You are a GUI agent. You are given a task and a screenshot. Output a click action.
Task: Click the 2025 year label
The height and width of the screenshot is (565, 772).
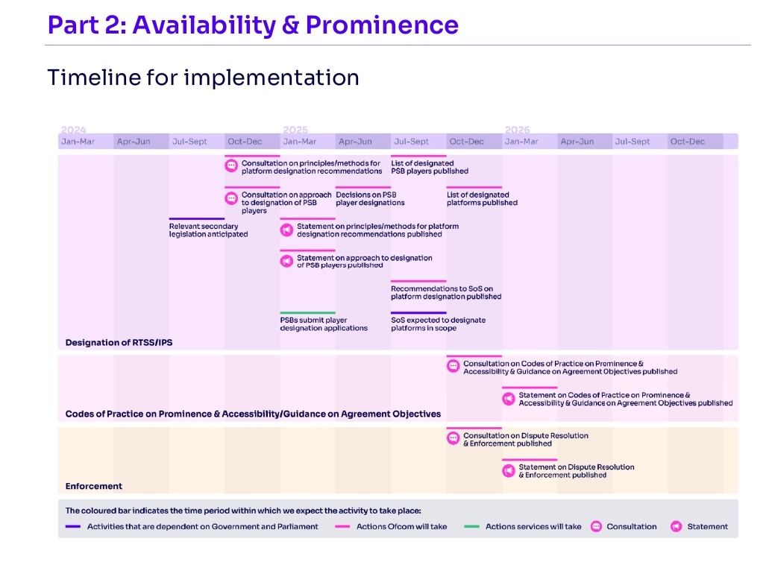click(x=295, y=130)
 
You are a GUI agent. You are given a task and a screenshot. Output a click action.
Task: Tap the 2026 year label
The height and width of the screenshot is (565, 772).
click(x=518, y=130)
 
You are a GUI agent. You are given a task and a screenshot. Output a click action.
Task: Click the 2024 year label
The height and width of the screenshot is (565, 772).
click(x=73, y=130)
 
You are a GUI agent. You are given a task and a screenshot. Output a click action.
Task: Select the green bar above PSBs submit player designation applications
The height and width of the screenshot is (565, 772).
click(x=308, y=312)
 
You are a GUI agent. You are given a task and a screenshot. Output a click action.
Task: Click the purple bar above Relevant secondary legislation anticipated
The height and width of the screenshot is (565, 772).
click(x=197, y=218)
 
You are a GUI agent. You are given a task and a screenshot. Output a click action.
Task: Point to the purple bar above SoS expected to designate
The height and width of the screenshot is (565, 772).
click(x=418, y=312)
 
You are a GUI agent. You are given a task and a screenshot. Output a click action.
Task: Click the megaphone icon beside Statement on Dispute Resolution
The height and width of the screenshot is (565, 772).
click(x=509, y=471)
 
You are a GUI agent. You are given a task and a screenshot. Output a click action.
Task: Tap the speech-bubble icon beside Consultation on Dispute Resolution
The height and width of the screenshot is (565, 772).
click(x=453, y=438)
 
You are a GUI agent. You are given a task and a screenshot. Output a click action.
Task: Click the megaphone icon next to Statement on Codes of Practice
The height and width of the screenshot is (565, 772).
click(x=509, y=399)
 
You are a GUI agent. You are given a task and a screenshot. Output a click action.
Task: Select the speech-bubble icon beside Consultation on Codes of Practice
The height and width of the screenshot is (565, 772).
click(x=453, y=366)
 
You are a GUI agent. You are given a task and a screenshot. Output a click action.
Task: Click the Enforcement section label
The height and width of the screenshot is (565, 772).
click(x=93, y=486)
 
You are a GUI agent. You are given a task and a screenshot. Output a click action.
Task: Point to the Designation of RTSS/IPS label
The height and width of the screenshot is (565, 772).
click(x=119, y=343)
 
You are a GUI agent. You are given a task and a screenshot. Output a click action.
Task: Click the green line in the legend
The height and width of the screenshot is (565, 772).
click(x=471, y=526)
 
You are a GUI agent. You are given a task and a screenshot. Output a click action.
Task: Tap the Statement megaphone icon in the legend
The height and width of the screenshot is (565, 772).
click(x=677, y=526)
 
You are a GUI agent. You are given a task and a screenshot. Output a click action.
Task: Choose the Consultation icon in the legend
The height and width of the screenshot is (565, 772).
click(x=596, y=526)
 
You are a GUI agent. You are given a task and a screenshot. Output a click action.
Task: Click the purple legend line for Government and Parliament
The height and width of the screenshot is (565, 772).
click(x=73, y=526)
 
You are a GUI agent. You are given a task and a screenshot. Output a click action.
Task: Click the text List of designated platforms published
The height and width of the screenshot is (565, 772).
click(x=482, y=199)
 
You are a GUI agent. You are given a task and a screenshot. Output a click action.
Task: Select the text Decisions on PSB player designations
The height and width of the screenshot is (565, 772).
click(x=370, y=199)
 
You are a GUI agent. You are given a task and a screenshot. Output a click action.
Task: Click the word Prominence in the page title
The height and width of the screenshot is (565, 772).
click(x=382, y=25)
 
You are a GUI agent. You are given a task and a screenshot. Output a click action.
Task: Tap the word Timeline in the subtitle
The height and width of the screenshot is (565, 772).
click(x=93, y=78)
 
